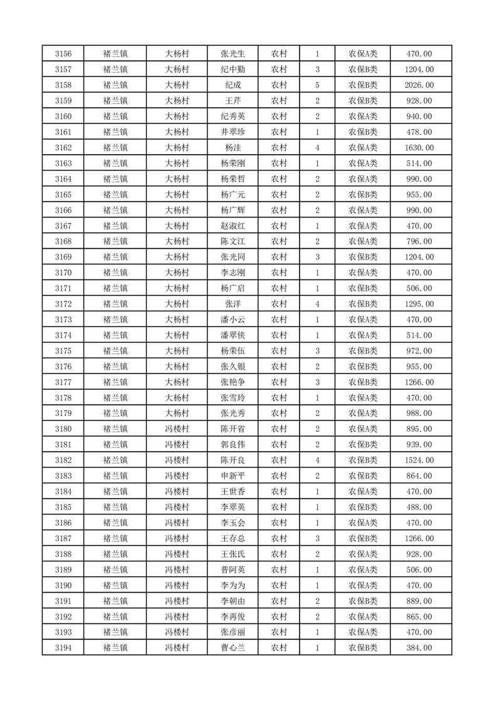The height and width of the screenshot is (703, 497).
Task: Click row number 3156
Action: (63, 54)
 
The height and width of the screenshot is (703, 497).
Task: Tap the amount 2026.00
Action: (419, 85)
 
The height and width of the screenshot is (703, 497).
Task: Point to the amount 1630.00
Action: (419, 148)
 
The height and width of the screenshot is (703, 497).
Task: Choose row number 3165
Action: (63, 195)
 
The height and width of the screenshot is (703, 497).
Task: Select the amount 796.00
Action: (419, 242)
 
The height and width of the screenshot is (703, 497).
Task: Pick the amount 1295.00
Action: (419, 304)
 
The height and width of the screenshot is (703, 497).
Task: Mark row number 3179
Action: (63, 414)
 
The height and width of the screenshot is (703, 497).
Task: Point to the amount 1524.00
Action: (419, 461)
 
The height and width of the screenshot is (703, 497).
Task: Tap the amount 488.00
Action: (419, 508)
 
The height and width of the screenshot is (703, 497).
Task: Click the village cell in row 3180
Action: (177, 429)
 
